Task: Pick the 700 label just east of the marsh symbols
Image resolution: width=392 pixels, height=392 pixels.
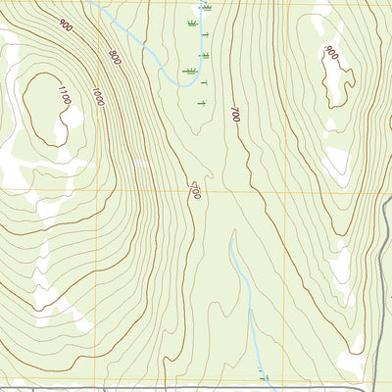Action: point(234,113)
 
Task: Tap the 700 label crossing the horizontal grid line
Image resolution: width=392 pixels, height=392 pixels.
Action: point(197,189)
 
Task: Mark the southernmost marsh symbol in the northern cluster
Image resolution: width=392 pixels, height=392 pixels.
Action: point(201,103)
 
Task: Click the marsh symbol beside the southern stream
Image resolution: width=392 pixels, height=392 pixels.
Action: point(263,373)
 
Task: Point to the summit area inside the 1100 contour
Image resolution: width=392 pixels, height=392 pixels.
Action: point(44,103)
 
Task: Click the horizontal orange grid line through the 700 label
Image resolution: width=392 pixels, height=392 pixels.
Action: point(294,190)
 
